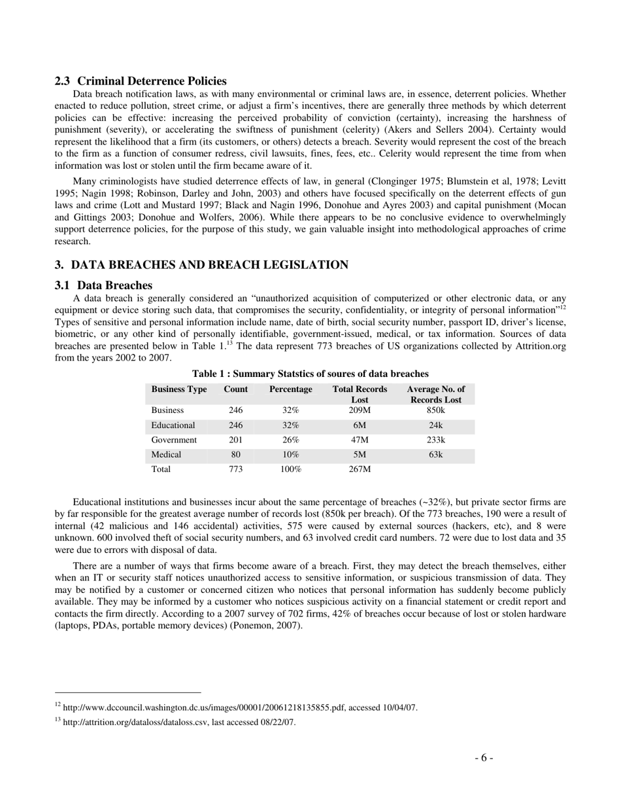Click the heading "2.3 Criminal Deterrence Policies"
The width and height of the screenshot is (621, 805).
[x=141, y=81]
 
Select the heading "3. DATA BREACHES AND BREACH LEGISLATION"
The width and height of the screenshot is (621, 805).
[x=201, y=265]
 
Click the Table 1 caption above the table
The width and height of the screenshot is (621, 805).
[x=310, y=374]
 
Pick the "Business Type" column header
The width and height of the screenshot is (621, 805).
[x=179, y=389]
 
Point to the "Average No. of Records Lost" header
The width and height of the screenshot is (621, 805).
[x=435, y=394]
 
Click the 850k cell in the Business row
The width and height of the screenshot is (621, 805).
[x=435, y=410]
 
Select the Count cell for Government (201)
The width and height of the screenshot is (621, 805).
[x=235, y=440]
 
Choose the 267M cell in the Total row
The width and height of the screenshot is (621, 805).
[x=360, y=470]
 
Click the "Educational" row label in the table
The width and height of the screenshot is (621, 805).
[x=173, y=425]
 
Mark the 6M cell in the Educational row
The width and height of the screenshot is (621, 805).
[x=360, y=425]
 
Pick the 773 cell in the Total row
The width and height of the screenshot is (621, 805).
[x=235, y=470]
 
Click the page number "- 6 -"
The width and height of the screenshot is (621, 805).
[x=484, y=758]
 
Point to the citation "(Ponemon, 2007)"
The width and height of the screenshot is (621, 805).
[x=266, y=626]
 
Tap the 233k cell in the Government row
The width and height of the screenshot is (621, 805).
[x=435, y=440]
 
